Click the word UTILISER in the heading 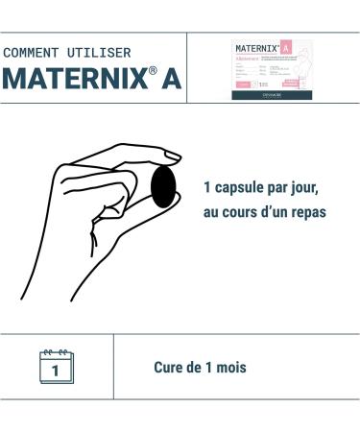[100, 52]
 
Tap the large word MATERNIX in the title [73, 80]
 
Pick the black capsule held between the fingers [164, 186]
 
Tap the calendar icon [56, 367]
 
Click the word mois [230, 368]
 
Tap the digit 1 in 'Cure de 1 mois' [211, 368]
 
